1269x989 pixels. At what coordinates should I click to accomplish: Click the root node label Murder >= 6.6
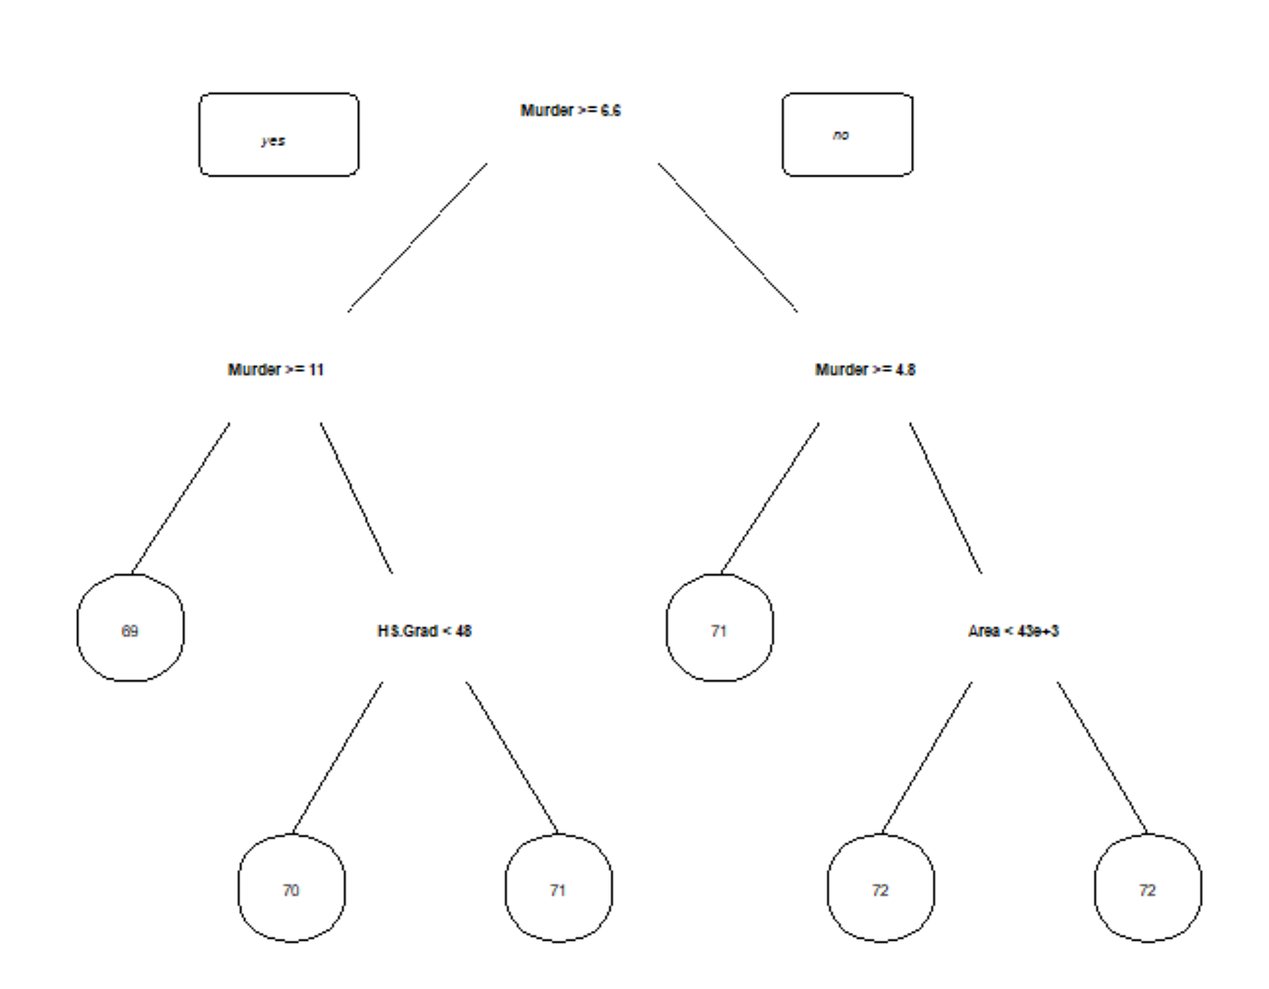570,111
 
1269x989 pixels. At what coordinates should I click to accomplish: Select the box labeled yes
278,134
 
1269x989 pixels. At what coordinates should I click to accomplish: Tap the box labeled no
847,134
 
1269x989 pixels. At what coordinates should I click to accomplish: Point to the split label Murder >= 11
276,370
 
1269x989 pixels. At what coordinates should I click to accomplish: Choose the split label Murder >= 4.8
865,370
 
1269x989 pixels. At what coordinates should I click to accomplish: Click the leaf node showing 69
131,627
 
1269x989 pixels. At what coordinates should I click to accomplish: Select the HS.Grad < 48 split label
424,631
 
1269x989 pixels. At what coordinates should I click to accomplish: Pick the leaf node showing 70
291,888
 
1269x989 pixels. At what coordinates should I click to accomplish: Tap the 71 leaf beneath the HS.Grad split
558,888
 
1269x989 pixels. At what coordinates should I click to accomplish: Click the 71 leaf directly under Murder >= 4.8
720,627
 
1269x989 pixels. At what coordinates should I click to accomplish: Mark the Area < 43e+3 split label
1013,631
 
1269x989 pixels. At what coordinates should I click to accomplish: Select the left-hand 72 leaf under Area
880,888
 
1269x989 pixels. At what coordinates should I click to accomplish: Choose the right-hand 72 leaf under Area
1148,888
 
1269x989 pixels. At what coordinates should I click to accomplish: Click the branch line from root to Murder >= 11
418,238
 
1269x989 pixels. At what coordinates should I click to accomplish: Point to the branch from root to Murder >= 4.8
728,238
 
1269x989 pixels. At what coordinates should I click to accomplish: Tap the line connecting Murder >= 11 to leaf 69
180,499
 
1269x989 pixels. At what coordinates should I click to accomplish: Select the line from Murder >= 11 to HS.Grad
356,499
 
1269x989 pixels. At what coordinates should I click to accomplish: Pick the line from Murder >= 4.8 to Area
945,499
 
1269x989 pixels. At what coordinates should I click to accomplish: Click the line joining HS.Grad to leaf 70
337,758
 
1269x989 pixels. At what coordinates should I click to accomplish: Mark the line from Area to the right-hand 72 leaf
1102,758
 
